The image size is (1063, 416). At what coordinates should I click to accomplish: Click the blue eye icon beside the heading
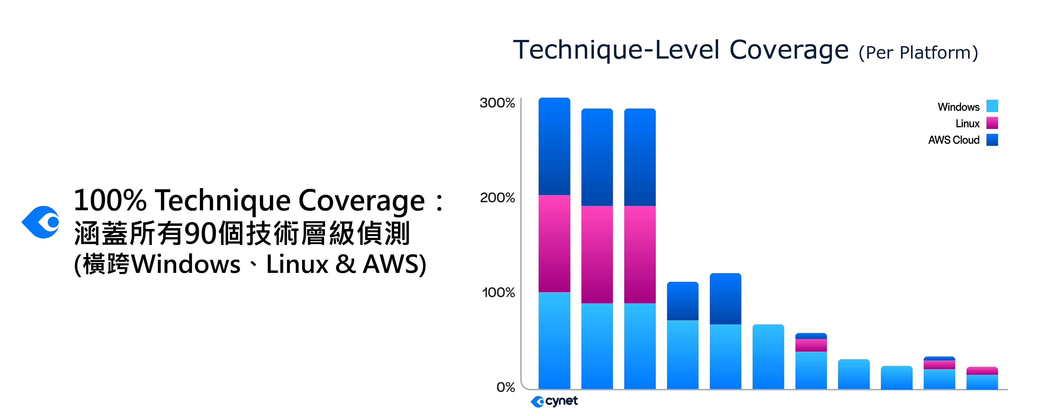[x=41, y=222]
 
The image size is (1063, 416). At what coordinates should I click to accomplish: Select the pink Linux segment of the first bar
[x=554, y=243]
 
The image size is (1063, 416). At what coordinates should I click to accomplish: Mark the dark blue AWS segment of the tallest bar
[x=554, y=146]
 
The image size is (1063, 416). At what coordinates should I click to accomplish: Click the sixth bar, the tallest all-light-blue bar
[x=768, y=357]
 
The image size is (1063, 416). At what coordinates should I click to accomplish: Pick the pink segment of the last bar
[x=982, y=371]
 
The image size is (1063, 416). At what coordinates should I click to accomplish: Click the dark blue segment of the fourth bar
[x=683, y=301]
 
